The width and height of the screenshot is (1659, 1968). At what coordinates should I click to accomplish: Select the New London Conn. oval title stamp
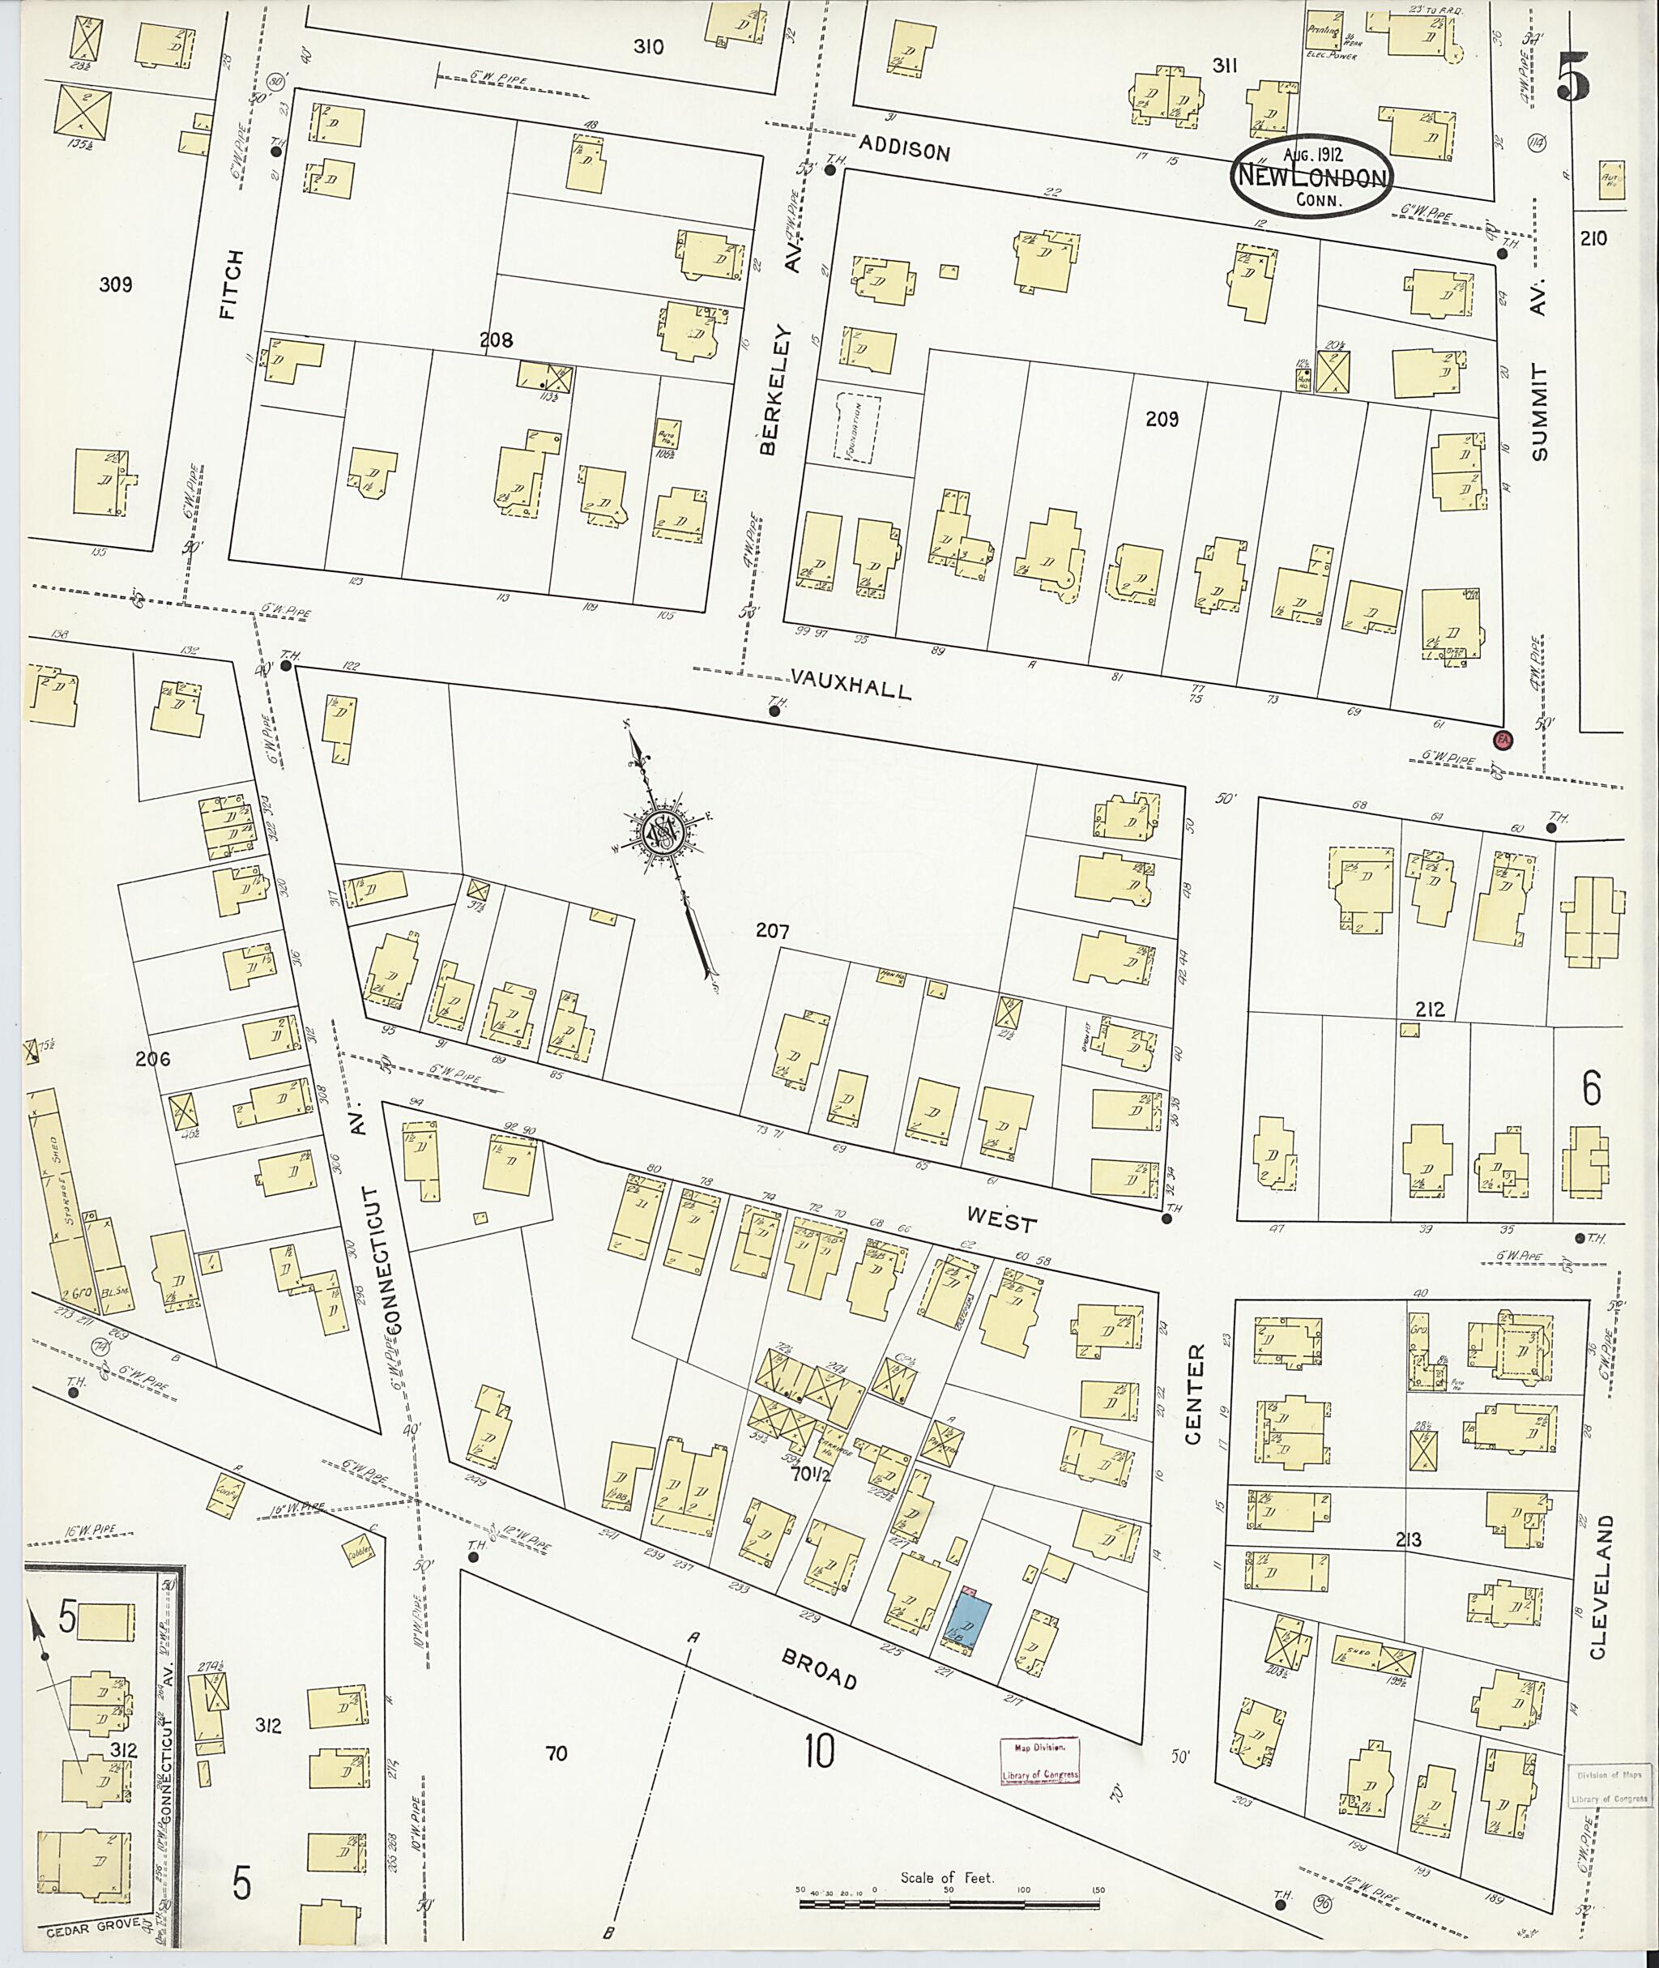pyautogui.click(x=1313, y=177)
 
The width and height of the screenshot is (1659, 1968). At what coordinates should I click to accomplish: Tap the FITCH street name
pyautogui.click(x=232, y=284)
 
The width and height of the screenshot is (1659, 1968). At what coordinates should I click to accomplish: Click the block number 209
pyautogui.click(x=1162, y=420)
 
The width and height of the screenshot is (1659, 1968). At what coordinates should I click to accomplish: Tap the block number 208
pyautogui.click(x=496, y=339)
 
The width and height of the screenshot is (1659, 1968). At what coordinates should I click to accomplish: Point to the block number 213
pyautogui.click(x=1408, y=1540)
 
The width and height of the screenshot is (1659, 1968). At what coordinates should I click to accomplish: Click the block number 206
pyautogui.click(x=152, y=1058)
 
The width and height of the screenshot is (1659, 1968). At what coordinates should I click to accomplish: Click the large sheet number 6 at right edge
pyautogui.click(x=1589, y=1090)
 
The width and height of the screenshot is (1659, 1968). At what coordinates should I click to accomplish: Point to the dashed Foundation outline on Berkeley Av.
pyautogui.click(x=857, y=428)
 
